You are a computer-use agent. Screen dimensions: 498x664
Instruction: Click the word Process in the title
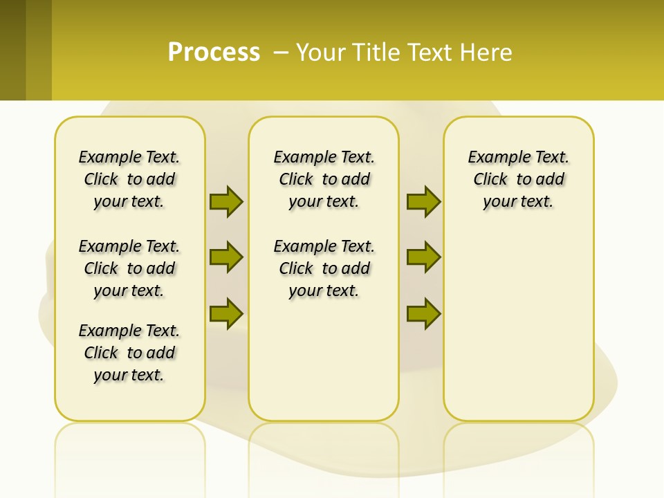[214, 53]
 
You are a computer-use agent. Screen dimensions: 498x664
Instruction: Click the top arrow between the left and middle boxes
[226, 201]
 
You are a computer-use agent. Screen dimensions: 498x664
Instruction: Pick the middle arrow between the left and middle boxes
[226, 257]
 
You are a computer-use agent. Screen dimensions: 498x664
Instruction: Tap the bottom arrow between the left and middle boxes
[226, 314]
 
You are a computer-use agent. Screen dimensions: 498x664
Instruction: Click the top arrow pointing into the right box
[423, 201]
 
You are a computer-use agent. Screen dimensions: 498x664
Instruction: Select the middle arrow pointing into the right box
[423, 257]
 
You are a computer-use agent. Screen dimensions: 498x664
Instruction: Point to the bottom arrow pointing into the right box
[423, 314]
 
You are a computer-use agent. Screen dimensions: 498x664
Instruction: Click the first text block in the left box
[129, 179]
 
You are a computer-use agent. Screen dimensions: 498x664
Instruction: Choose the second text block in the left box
[129, 268]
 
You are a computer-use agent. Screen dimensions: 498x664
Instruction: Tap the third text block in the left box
[129, 353]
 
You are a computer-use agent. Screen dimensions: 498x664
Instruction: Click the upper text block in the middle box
[324, 179]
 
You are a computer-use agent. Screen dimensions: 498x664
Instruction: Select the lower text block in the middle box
[324, 268]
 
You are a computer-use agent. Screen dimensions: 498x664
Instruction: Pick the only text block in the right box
[518, 179]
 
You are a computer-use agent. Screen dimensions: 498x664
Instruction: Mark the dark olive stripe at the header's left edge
[12, 50]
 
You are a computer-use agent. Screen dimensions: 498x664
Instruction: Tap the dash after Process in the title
[281, 53]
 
